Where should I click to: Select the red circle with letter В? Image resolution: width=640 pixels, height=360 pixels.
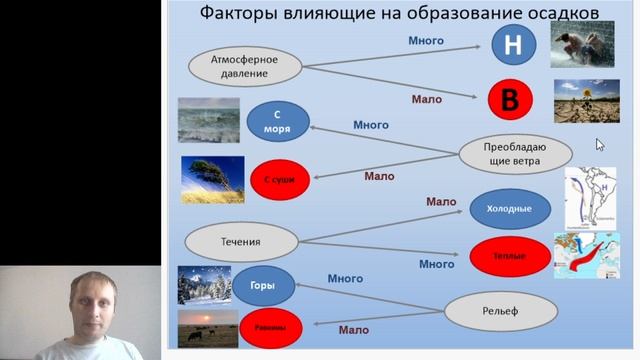(x=510, y=99)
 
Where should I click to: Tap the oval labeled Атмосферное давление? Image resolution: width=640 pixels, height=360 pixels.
(x=246, y=67)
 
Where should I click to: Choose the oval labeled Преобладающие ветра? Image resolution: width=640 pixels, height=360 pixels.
(x=515, y=154)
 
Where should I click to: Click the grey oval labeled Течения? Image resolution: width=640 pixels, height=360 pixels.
(x=243, y=241)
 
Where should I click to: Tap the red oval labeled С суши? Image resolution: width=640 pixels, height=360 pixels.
(x=280, y=179)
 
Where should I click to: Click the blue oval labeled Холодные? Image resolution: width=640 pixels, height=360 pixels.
(x=510, y=209)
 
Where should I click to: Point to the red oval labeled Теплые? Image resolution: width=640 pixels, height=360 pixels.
(x=509, y=256)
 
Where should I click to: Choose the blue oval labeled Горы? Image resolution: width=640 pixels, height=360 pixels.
(x=263, y=286)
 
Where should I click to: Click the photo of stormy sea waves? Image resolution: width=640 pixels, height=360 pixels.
(x=208, y=120)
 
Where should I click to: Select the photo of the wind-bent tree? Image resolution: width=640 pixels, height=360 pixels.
(x=212, y=179)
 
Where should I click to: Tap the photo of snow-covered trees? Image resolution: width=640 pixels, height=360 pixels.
(x=203, y=284)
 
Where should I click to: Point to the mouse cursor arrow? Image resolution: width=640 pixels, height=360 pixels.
(x=600, y=144)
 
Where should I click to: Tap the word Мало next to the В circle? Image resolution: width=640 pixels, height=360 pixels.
(x=427, y=99)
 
